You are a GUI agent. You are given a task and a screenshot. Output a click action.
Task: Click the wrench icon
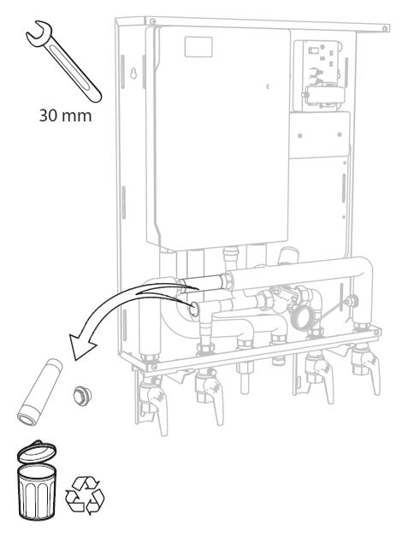pos(63,62)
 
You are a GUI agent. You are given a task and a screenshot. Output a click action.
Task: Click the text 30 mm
pos(65,115)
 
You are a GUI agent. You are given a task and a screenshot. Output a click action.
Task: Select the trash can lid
pos(36,451)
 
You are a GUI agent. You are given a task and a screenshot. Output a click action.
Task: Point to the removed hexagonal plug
pos(82,396)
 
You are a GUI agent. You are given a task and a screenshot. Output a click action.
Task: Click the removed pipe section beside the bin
pos(38,392)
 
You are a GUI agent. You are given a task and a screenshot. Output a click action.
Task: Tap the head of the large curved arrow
pos(81,346)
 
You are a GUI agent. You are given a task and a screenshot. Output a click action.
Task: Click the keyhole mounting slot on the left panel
pos(133,73)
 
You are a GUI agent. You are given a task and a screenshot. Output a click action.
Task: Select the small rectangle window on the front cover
pos(198,47)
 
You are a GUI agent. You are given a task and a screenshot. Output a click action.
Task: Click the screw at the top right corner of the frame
pos(385,27)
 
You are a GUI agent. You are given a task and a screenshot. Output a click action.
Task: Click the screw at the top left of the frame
pos(151,21)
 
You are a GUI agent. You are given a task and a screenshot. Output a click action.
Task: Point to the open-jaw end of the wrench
pos(38,32)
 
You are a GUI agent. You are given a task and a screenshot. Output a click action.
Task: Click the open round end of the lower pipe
pos(194,310)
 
